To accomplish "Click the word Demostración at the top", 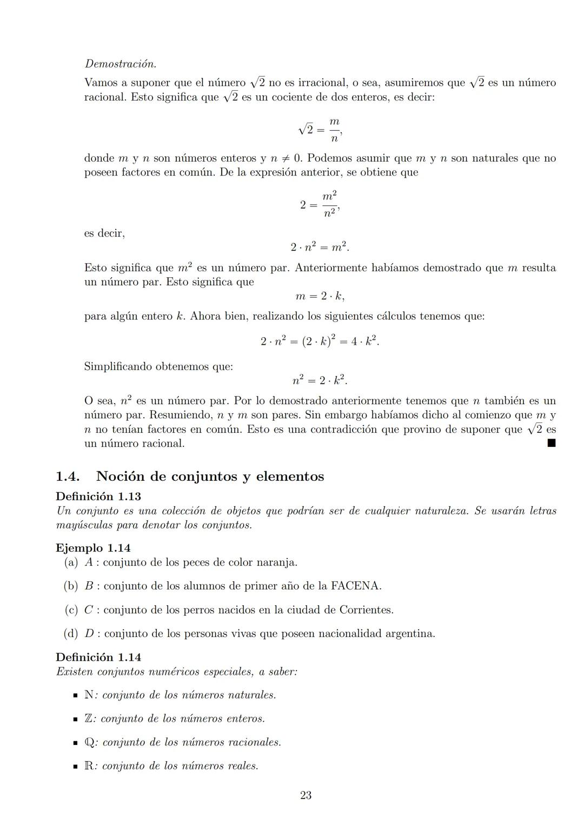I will (x=120, y=64).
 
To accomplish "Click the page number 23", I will (x=306, y=795).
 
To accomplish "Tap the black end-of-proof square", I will (x=551, y=443).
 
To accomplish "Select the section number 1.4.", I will (x=68, y=477).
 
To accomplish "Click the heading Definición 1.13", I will (x=98, y=496).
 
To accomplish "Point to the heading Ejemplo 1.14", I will (x=93, y=548).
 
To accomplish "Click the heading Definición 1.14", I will (x=98, y=657).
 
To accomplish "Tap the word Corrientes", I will (x=366, y=609).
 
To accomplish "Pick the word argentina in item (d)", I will (x=409, y=633).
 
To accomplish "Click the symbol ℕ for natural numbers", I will (x=89, y=695).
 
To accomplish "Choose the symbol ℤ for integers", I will (x=89, y=719).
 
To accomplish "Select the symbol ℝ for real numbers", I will (x=89, y=766).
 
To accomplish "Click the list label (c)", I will (x=71, y=609).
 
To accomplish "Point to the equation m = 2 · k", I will (x=320, y=296).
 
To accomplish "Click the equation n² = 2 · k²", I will (x=320, y=380).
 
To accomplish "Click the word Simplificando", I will (x=118, y=366).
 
